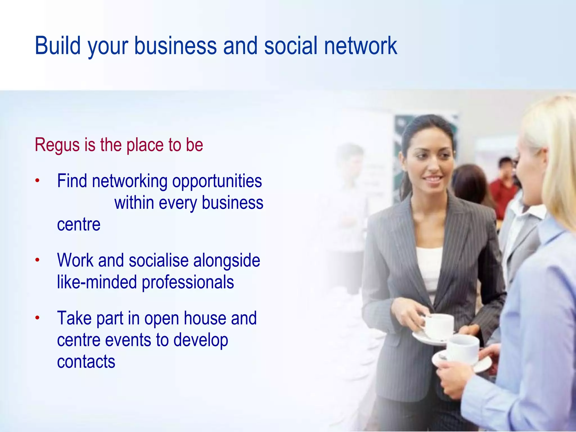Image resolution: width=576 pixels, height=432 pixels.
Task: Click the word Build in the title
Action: click(58, 46)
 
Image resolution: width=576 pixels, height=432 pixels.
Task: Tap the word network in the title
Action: click(361, 46)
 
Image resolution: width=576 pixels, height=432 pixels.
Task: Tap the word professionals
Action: click(188, 282)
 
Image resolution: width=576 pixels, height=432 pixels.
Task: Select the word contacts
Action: click(86, 361)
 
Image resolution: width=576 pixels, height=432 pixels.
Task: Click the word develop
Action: click(201, 340)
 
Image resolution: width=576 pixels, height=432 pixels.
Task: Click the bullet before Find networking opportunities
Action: click(37, 181)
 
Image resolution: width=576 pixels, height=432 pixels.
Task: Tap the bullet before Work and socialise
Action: click(37, 260)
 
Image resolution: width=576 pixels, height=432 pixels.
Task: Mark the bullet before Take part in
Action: click(37, 318)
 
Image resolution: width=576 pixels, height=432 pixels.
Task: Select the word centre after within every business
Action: click(79, 224)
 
